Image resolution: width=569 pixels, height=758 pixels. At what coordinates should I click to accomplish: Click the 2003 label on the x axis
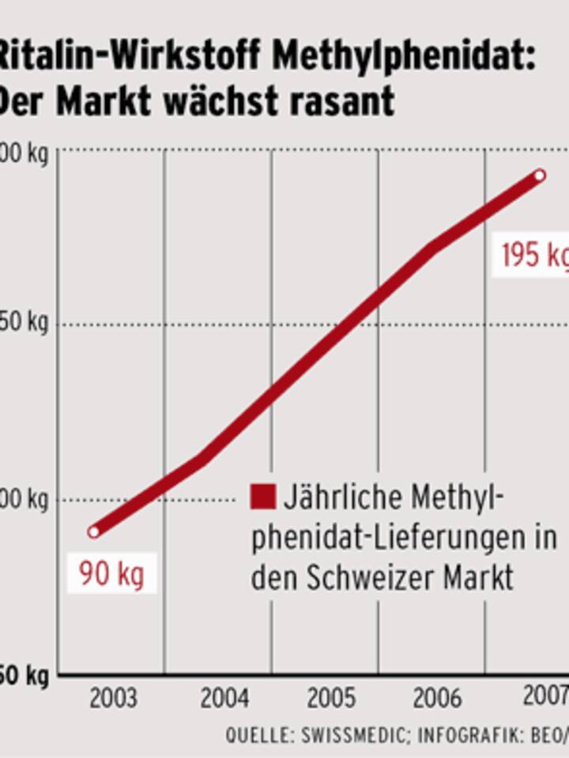click(113, 699)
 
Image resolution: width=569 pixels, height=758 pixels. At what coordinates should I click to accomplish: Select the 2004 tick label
click(224, 699)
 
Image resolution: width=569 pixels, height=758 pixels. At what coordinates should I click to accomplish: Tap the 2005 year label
click(331, 699)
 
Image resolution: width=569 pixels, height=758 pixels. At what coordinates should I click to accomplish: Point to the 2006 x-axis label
click(437, 699)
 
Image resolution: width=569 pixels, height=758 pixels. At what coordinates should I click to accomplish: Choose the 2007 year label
click(546, 697)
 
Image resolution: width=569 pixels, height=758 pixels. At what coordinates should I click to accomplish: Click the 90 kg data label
click(111, 574)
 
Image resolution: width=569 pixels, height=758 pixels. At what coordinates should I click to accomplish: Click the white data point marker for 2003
click(94, 532)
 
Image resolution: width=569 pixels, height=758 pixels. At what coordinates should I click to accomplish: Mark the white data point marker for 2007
click(540, 175)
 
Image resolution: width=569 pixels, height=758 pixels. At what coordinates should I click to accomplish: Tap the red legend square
click(263, 497)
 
